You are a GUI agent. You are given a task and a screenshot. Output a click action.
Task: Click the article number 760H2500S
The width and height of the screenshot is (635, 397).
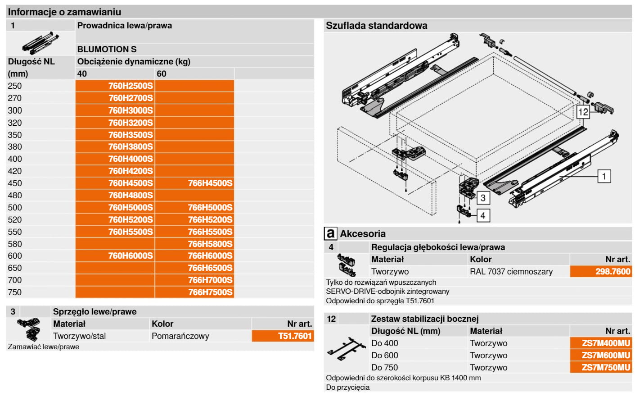(x=131, y=86)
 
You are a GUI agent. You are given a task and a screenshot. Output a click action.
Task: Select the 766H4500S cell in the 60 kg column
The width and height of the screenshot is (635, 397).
(x=210, y=183)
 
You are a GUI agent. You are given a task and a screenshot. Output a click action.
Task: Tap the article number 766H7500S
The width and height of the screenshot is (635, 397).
(x=210, y=292)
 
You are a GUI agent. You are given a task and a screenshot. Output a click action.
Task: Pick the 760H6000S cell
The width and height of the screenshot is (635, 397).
(x=131, y=256)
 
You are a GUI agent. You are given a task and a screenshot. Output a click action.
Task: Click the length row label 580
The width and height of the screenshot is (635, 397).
(x=15, y=244)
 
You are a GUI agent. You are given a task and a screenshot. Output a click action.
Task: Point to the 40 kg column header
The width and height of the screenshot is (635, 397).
(x=82, y=73)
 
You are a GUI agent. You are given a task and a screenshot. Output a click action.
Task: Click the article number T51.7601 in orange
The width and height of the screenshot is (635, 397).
(x=295, y=336)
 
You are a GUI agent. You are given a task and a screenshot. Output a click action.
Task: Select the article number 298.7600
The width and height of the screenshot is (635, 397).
(x=612, y=271)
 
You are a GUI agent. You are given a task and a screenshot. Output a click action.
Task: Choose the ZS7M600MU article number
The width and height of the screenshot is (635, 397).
(x=606, y=355)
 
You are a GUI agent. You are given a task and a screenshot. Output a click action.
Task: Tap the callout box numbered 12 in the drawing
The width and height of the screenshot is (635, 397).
(x=583, y=112)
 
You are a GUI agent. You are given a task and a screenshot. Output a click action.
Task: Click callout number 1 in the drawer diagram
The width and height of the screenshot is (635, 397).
(x=604, y=176)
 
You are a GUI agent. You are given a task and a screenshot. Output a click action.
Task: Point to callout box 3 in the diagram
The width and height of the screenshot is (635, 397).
(x=482, y=197)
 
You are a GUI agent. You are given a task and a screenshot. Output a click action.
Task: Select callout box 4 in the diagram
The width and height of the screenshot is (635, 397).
(x=482, y=215)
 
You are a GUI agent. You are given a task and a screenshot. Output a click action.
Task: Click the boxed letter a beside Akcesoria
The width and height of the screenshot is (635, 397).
(x=330, y=233)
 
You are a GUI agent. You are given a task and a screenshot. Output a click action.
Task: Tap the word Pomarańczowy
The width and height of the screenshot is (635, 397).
(x=180, y=336)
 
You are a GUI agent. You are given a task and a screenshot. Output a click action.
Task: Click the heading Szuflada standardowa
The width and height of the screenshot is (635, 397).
(x=376, y=25)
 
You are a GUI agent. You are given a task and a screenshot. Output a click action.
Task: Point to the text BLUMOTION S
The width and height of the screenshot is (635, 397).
(x=107, y=49)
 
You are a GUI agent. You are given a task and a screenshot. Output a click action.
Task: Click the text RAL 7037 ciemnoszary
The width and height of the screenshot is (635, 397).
(x=511, y=271)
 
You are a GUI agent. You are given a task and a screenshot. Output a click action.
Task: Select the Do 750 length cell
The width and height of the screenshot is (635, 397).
(x=384, y=367)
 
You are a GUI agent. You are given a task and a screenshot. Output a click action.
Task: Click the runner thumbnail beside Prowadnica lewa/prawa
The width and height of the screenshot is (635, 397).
(x=40, y=43)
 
